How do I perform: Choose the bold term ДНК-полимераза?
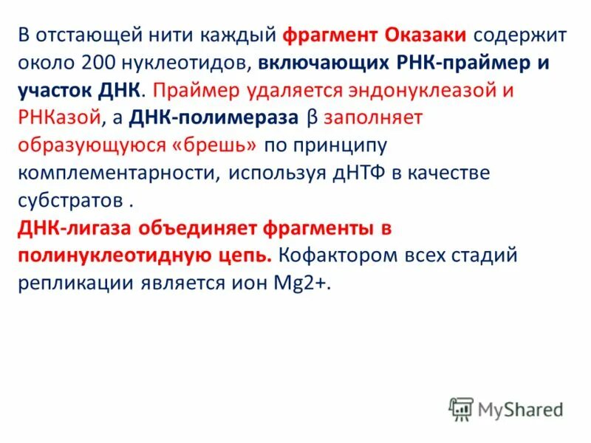(x=215, y=118)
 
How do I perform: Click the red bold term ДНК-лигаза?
(x=67, y=229)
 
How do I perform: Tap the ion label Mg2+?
(x=310, y=284)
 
